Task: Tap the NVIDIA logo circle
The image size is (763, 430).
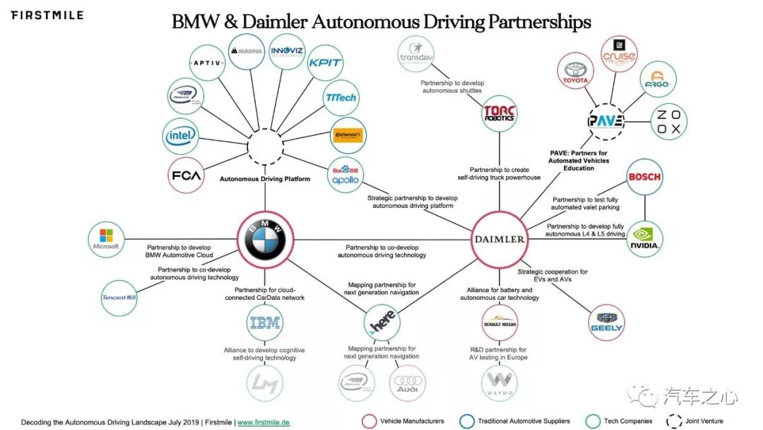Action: pyautogui.click(x=645, y=239)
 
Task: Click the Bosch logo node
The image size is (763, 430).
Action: pyautogui.click(x=644, y=177)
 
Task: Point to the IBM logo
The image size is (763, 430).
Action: pyautogui.click(x=265, y=324)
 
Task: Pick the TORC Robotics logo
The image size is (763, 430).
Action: pyautogui.click(x=499, y=114)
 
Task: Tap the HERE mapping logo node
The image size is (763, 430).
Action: pyautogui.click(x=382, y=324)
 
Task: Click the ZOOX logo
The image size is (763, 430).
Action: pyautogui.click(x=666, y=122)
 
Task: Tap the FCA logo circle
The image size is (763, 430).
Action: pyautogui.click(x=186, y=175)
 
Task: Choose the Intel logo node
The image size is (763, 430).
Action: pyautogui.click(x=181, y=136)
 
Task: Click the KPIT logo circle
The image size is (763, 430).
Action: pyautogui.click(x=326, y=63)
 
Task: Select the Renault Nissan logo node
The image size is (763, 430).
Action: pyautogui.click(x=499, y=324)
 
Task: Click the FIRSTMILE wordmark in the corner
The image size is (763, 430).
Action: pyautogui.click(x=47, y=15)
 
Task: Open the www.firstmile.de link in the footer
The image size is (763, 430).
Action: pyautogui.click(x=263, y=422)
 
